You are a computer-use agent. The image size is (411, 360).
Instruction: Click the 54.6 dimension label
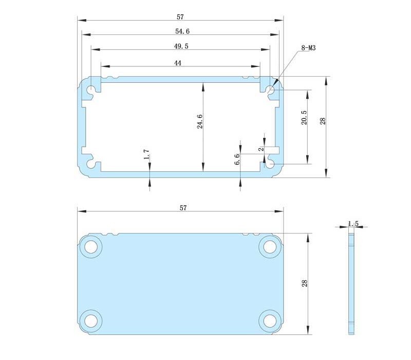pyautogui.click(x=182, y=31)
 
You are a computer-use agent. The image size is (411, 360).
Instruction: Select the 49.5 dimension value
pyautogui.click(x=181, y=46)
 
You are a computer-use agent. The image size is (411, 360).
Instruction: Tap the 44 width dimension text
pyautogui.click(x=178, y=63)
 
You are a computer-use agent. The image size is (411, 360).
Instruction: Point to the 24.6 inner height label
pyautogui.click(x=200, y=121)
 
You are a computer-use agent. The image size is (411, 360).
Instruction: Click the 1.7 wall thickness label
pyautogui.click(x=146, y=154)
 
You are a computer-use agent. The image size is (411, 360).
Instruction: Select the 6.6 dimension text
pyautogui.click(x=237, y=159)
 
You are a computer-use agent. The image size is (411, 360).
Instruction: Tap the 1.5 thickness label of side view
pyautogui.click(x=353, y=224)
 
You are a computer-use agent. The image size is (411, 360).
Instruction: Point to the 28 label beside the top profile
pyautogui.click(x=322, y=121)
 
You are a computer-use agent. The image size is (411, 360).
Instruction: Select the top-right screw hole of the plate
pyautogui.click(x=269, y=246)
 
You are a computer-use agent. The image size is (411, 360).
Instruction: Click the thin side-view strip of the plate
pyautogui.click(x=351, y=283)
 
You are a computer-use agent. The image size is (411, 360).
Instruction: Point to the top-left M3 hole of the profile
pyautogui.click(x=91, y=91)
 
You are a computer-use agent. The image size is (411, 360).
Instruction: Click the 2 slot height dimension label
pyautogui.click(x=261, y=149)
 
